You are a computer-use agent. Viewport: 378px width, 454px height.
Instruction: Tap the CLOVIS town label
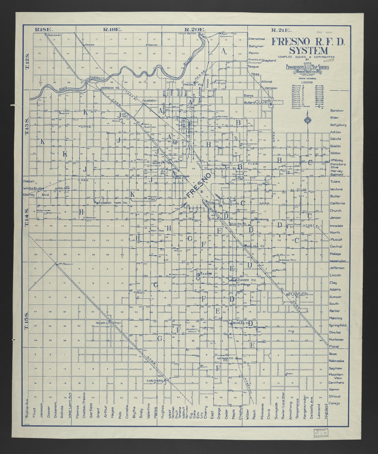tap(263, 102)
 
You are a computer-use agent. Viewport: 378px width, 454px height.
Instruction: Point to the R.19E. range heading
tap(112, 30)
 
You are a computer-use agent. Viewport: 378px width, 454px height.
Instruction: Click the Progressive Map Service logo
tap(307, 68)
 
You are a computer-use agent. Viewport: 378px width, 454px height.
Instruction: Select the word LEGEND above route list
tap(307, 82)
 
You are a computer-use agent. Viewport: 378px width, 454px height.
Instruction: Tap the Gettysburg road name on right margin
tap(338, 125)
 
